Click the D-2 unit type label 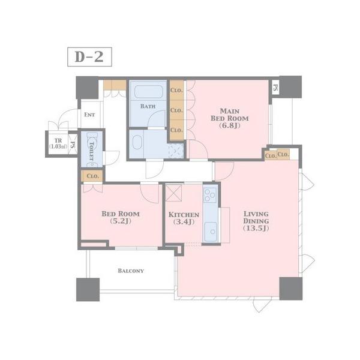pos(89,57)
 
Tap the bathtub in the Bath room pos(149,91)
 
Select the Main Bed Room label pos(230,115)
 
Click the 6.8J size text pos(230,125)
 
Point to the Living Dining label pos(256,217)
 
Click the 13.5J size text pos(256,228)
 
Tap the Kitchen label pos(184,215)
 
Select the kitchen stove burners pos(210,194)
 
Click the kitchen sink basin pos(211,232)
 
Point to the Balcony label pos(131,271)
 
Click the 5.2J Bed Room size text pos(121,221)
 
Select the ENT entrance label pos(89,115)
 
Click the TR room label pos(58,140)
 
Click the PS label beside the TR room pos(73,145)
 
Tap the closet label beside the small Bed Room pos(93,176)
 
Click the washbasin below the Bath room pos(137,142)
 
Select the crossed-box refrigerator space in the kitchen pos(173,193)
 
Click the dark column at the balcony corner pos(88,290)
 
